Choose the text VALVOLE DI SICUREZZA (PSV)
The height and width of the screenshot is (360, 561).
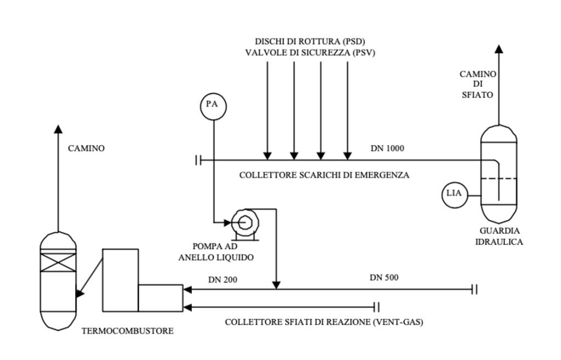tap(310, 53)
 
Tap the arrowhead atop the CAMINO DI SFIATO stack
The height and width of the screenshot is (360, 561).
tap(498, 49)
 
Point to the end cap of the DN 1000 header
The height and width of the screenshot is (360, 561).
tap(198, 160)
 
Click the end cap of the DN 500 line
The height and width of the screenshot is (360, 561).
tap(474, 288)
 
